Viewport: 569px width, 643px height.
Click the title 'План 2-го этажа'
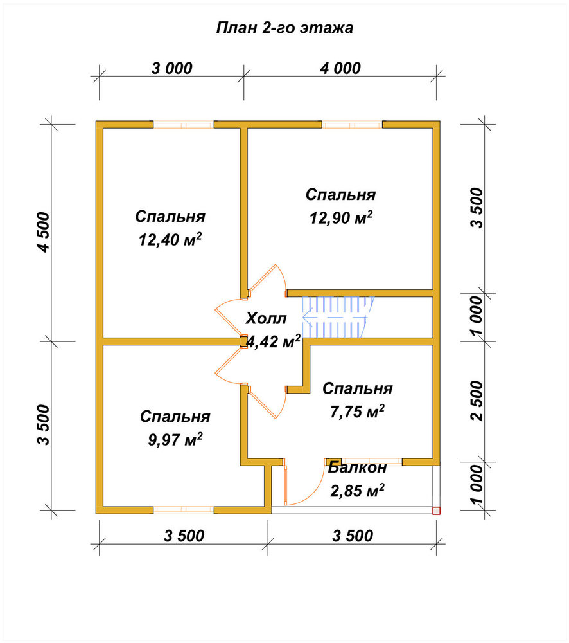click(284, 28)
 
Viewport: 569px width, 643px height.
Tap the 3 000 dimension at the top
click(172, 68)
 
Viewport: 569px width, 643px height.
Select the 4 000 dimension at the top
click(340, 68)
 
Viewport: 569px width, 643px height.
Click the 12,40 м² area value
click(170, 239)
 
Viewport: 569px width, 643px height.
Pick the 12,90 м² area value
click(341, 217)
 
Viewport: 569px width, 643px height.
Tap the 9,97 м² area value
click(175, 440)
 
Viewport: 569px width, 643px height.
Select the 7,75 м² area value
click(357, 412)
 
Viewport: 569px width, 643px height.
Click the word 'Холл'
click(267, 318)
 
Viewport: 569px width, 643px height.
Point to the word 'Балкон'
click(357, 467)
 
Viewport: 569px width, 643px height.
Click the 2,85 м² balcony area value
click(357, 491)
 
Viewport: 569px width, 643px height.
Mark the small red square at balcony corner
click(436, 511)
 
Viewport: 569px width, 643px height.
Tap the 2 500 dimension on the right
click(477, 401)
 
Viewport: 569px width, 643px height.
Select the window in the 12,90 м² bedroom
click(353, 124)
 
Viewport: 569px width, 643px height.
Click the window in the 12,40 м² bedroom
click(184, 124)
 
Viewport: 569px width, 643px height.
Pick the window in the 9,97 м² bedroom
click(184, 510)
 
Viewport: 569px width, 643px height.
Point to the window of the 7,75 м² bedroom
click(372, 462)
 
